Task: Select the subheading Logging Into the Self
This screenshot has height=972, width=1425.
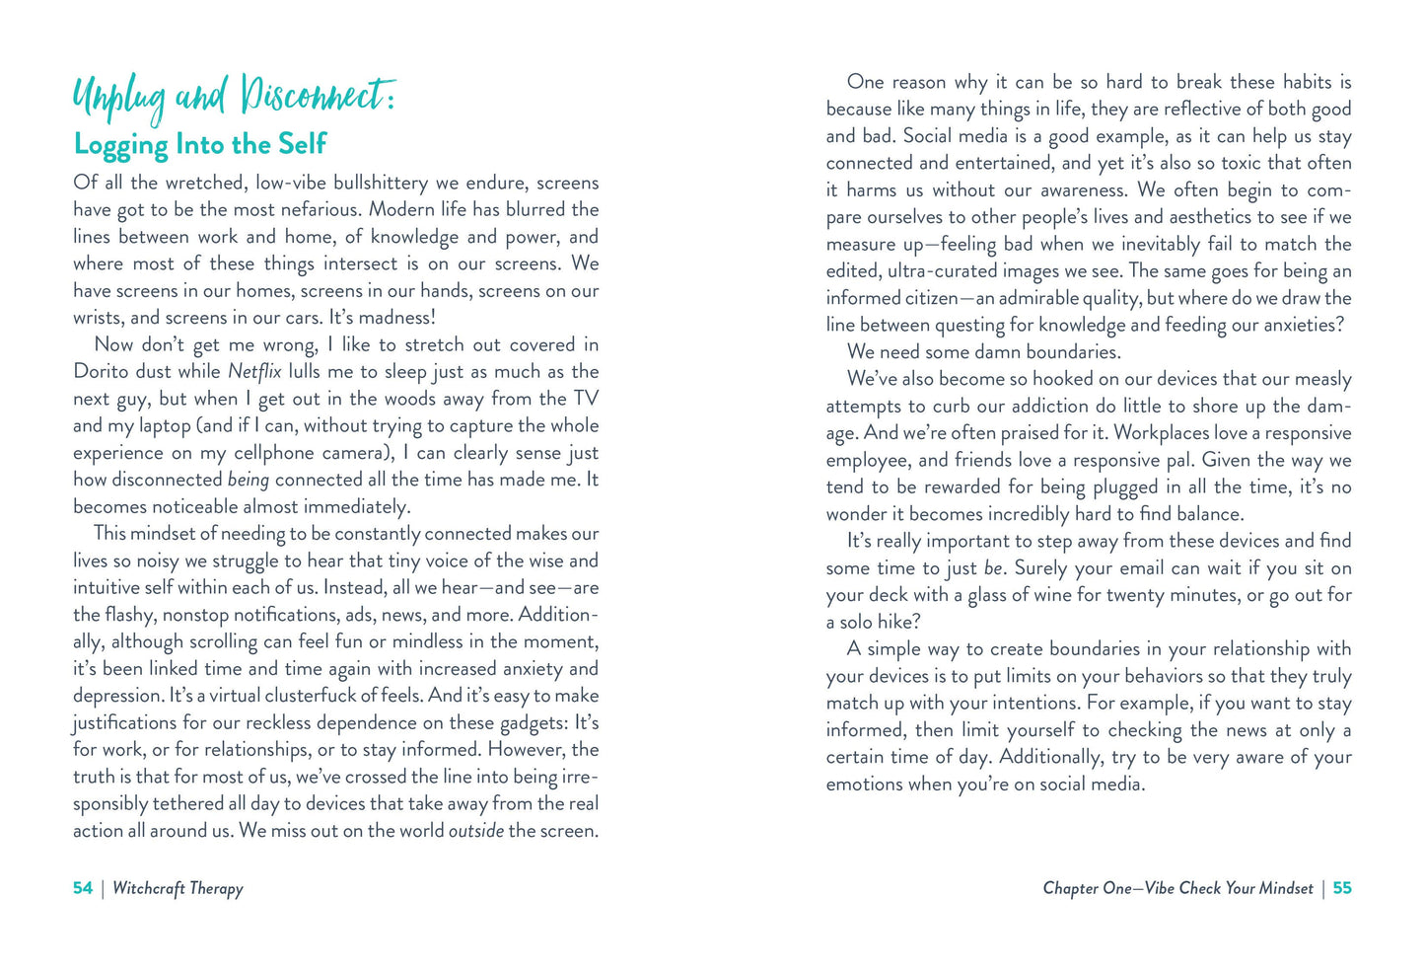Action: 200,144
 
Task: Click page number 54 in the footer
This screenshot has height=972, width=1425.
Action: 83,888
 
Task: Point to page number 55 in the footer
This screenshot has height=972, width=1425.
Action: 1342,888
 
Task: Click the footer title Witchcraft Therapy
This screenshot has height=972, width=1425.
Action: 178,888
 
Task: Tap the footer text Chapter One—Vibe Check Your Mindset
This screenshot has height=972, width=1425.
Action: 1177,888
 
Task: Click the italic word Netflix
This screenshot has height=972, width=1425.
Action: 254,372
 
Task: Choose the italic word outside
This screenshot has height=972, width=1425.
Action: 475,831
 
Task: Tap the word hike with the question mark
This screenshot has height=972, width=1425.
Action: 897,623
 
